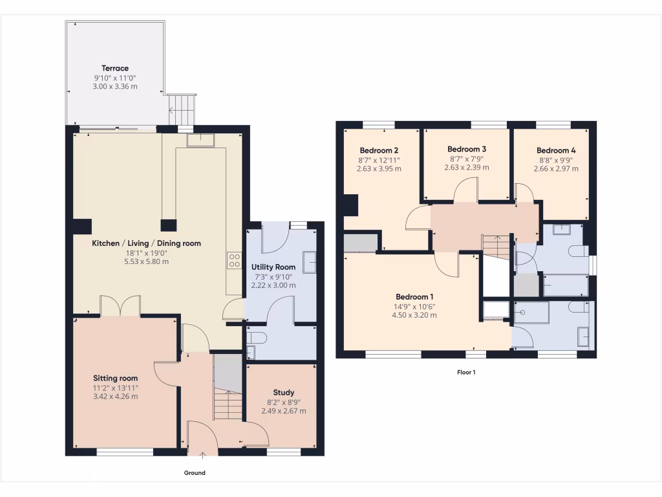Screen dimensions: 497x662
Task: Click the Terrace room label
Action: tap(115, 68)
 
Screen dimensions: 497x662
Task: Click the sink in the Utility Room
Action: tap(308, 262)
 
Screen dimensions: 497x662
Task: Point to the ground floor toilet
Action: tap(257, 337)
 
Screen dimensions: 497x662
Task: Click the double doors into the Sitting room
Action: tap(120, 306)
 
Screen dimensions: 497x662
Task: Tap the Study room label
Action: tap(283, 392)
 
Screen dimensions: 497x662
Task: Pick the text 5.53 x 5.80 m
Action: tap(146, 261)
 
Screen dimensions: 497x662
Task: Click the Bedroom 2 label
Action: tap(379, 150)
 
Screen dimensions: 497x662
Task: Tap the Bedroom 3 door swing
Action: tap(465, 190)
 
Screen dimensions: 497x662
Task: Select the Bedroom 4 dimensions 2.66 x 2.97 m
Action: tap(556, 168)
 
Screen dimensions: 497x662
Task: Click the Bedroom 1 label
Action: tap(414, 297)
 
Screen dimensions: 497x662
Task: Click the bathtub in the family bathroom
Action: tap(565, 285)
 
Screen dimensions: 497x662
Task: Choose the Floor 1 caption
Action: tap(466, 372)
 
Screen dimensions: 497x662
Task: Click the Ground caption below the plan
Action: tap(195, 473)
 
